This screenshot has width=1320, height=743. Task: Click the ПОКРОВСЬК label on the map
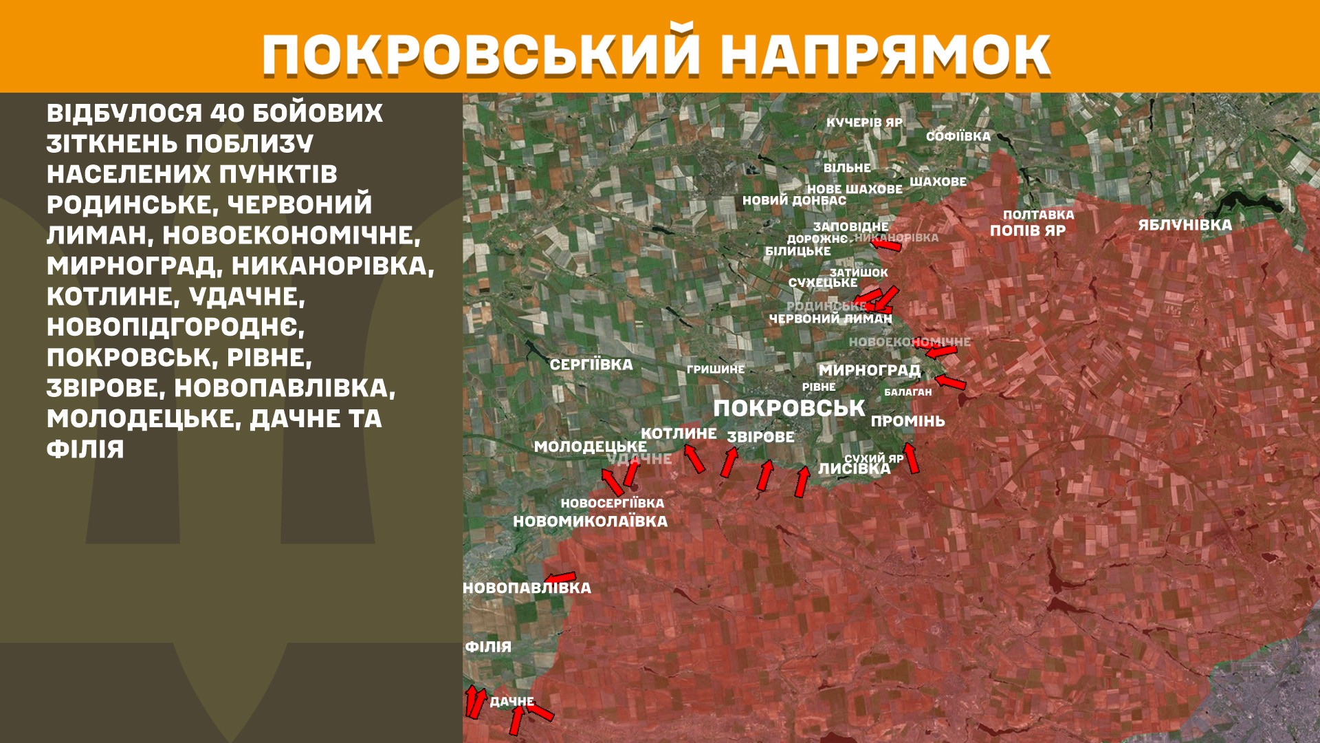point(789,408)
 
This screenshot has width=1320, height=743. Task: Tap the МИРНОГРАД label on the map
point(869,370)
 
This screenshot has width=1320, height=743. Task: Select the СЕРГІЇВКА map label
point(591,365)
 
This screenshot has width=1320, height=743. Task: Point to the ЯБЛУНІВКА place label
point(1185,225)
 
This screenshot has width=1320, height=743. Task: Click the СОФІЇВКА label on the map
point(958,136)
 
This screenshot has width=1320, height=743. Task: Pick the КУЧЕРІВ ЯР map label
point(864,122)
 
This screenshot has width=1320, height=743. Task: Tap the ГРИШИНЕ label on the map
point(715,369)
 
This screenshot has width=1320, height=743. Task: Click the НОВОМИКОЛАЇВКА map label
point(590,521)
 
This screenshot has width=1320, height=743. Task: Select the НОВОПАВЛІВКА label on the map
point(527,588)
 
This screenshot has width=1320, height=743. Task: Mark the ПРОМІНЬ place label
point(907,421)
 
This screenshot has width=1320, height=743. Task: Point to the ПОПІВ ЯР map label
point(1027,230)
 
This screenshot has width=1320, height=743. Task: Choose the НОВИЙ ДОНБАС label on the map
point(794,201)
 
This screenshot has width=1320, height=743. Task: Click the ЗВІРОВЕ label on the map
point(760,437)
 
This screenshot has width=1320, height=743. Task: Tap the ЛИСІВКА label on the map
point(854,469)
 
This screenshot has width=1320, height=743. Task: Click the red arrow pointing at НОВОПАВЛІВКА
point(560,577)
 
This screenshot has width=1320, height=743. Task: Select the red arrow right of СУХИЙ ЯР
point(911,457)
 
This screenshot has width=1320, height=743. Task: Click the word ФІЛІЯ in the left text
point(85,450)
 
